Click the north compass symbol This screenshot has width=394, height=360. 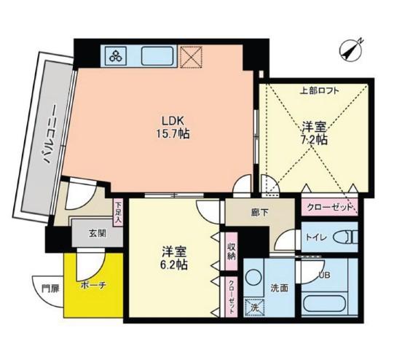coord(350,50)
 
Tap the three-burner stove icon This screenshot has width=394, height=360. coord(116,56)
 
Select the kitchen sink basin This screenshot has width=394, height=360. coord(157,56)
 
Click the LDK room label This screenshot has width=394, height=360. coord(173,121)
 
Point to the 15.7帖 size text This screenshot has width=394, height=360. coord(173,134)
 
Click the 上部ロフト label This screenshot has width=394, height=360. coord(320,90)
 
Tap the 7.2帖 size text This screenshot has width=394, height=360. coord(314,140)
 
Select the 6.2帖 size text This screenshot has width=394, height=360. coord(174,265)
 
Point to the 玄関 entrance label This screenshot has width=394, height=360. coord(97,234)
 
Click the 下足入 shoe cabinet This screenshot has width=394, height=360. coord(118,213)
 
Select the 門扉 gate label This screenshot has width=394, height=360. coord(50,289)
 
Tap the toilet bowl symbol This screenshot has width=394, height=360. coord(345,237)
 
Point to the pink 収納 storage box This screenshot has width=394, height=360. coord(231,251)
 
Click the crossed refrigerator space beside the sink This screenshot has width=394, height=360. coord(192,57)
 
